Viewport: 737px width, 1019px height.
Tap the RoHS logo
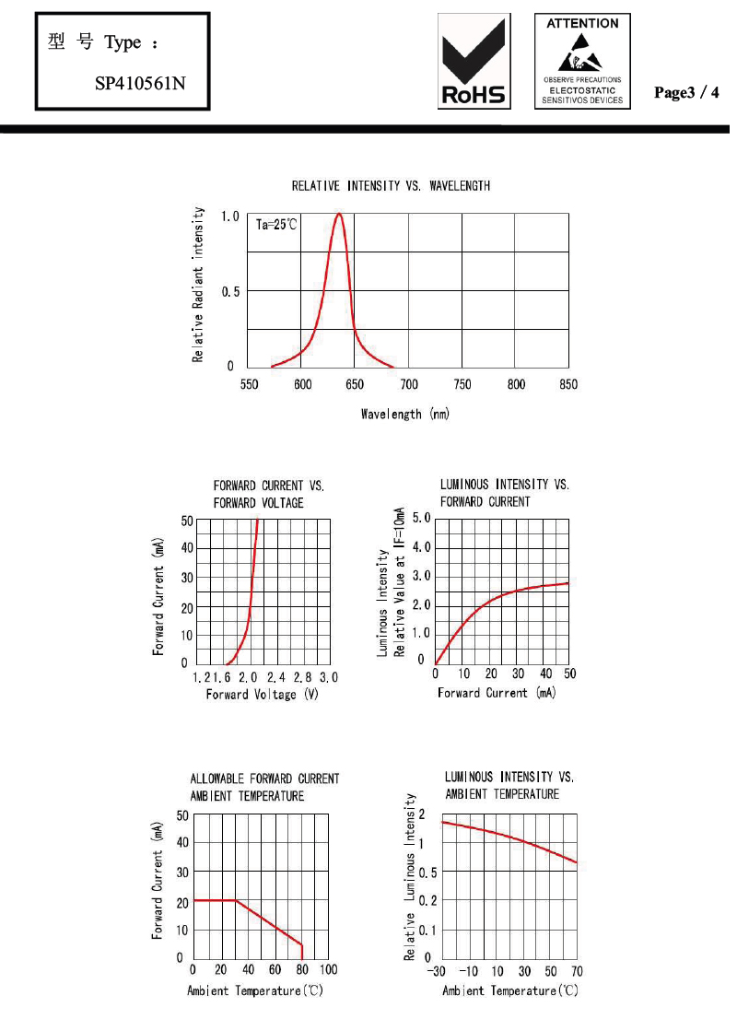coord(475,61)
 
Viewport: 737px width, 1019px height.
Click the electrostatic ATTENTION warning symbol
coord(582,61)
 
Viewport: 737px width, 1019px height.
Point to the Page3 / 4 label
coord(685,92)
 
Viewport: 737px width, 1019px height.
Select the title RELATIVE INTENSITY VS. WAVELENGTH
coord(391,186)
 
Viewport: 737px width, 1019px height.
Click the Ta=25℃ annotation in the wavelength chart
coord(276,224)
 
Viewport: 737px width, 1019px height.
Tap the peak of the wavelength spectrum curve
coord(340,214)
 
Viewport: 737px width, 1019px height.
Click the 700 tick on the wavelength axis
coord(409,384)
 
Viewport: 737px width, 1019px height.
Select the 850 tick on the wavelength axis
coord(568,384)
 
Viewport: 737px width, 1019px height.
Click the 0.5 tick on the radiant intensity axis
coord(230,291)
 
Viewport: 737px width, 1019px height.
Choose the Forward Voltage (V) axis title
coord(263,694)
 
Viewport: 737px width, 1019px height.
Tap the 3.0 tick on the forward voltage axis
coord(329,677)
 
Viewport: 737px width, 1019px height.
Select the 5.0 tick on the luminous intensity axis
coord(420,519)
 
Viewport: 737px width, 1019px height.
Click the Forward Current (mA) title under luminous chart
coord(497,693)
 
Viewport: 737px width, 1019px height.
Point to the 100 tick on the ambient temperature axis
coord(328,969)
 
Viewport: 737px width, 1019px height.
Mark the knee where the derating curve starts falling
coord(236,900)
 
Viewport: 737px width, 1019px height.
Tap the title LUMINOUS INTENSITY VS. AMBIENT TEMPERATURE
coord(509,785)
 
